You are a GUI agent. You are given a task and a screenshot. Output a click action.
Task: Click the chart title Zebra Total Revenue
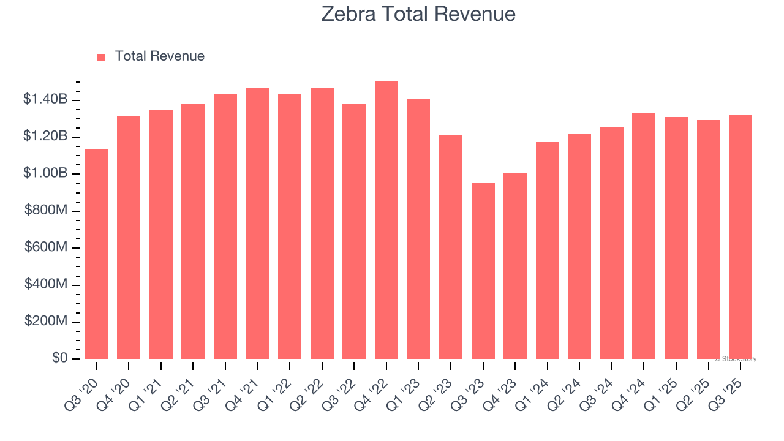tap(418, 14)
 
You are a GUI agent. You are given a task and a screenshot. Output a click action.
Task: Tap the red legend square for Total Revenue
tap(101, 57)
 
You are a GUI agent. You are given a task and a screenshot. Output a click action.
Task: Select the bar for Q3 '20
tap(97, 254)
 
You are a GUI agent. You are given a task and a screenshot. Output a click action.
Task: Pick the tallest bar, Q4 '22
tap(386, 221)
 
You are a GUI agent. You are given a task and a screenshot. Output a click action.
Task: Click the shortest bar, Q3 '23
tap(483, 271)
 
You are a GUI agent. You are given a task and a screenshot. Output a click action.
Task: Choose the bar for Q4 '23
tap(515, 266)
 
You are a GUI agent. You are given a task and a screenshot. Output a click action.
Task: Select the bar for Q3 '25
tap(741, 237)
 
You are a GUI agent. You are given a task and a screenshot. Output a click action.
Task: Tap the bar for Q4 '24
tap(644, 236)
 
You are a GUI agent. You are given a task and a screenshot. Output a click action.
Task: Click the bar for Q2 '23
tap(451, 247)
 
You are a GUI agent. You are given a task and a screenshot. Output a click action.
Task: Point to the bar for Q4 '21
tap(257, 224)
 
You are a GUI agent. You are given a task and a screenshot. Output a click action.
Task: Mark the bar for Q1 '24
tap(548, 251)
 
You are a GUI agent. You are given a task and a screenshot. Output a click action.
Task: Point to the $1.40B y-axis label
tap(45, 99)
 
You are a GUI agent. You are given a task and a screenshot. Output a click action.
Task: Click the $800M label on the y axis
tap(47, 211)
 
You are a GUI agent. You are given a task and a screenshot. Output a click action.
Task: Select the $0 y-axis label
tap(59, 358)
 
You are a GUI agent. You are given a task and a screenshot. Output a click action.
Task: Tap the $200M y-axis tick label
tap(47, 322)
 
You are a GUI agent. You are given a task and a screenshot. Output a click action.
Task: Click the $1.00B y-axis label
tap(45, 173)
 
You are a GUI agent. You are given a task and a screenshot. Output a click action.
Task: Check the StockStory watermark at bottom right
tap(735, 359)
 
